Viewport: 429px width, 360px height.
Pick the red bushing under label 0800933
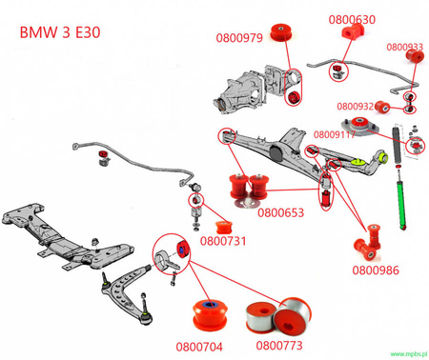click(415, 58)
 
